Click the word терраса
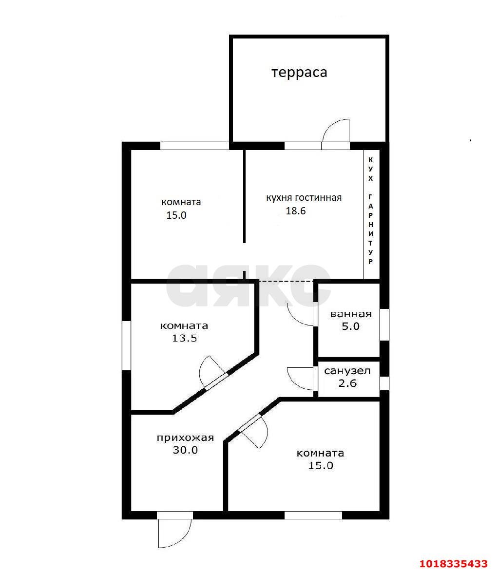(x=299, y=73)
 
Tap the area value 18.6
(x=295, y=211)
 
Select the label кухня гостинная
(x=304, y=198)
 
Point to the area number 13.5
(x=185, y=338)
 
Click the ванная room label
(x=351, y=314)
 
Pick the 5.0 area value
(x=351, y=326)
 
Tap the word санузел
(x=347, y=371)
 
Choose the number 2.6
(x=348, y=383)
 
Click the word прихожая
(x=185, y=438)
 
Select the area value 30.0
(x=185, y=450)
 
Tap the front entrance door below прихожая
(x=175, y=531)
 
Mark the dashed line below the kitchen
(x=286, y=281)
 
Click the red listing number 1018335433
(x=454, y=564)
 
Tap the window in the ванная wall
(x=384, y=324)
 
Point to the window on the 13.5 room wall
(x=126, y=345)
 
